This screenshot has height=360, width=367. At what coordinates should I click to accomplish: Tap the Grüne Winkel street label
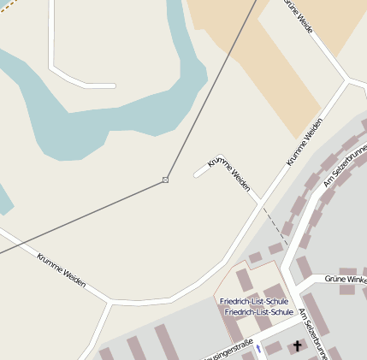point(345,280)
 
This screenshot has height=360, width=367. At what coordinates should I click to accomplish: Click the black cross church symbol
point(298,346)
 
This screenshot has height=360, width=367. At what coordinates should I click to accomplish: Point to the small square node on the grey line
point(165,180)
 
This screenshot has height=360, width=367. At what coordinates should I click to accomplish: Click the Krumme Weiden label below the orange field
point(305,142)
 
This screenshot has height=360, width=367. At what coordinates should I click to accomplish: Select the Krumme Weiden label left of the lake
point(61,268)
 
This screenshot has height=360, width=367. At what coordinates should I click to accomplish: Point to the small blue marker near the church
point(257,348)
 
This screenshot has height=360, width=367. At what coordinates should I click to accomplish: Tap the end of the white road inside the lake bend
point(112,86)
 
